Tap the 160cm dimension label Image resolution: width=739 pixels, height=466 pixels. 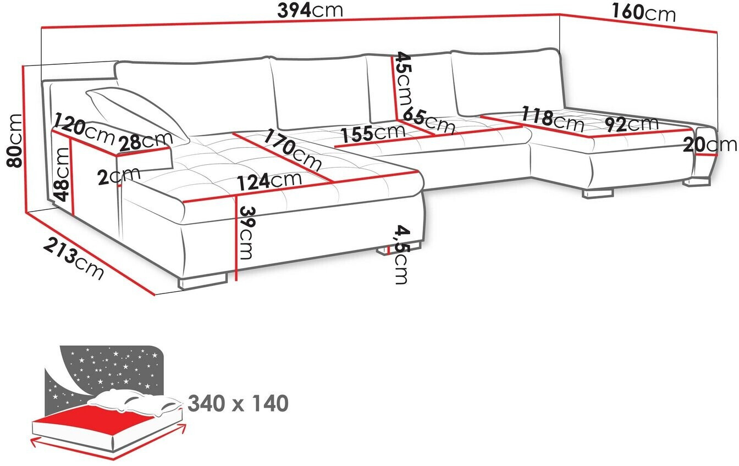tap(642, 13)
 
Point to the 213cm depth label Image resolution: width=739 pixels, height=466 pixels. tap(74, 260)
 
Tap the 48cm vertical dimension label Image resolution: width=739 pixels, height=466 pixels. tap(62, 174)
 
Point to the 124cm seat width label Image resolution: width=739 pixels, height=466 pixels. tap(269, 180)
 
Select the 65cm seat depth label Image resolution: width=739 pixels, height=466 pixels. tap(429, 121)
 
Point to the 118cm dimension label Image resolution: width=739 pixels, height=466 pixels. tap(553, 117)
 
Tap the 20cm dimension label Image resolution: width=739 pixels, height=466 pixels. tap(710, 145)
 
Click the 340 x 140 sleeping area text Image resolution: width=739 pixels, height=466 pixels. tap(238, 404)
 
